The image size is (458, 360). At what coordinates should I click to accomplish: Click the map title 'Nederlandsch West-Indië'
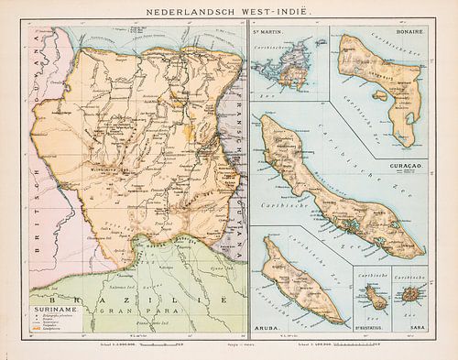coord(229,13)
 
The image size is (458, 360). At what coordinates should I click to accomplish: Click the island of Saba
coord(407,296)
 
